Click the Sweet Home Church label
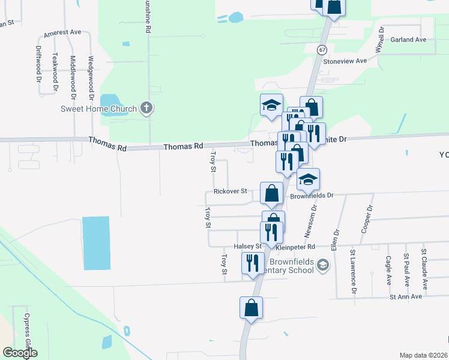click(99, 109)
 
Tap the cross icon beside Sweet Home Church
click(146, 108)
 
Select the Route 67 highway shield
click(323, 50)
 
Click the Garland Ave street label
click(408, 40)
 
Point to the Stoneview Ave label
click(345, 61)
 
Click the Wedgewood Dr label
click(91, 77)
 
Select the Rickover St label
click(231, 191)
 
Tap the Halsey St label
click(248, 247)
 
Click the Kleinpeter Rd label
click(295, 247)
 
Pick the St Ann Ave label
click(406, 296)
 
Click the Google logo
click(20, 353)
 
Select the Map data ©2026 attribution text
click(423, 355)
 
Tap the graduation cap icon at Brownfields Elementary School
click(322, 265)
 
